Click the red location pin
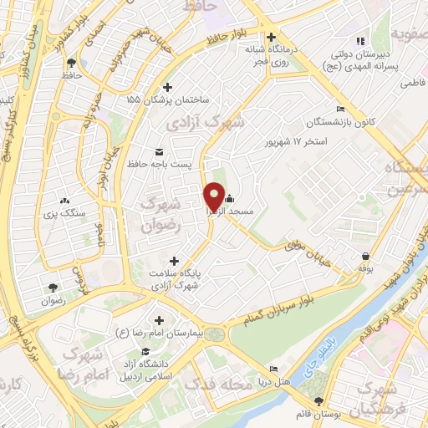213,196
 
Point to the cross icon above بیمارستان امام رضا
159,320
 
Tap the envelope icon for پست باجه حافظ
159,151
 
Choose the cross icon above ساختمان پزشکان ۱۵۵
167,87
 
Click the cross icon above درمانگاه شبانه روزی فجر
270,37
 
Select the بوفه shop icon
365,256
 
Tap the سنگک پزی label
67,213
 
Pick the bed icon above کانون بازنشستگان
339,110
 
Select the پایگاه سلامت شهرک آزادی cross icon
173,262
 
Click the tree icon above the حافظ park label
71,62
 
